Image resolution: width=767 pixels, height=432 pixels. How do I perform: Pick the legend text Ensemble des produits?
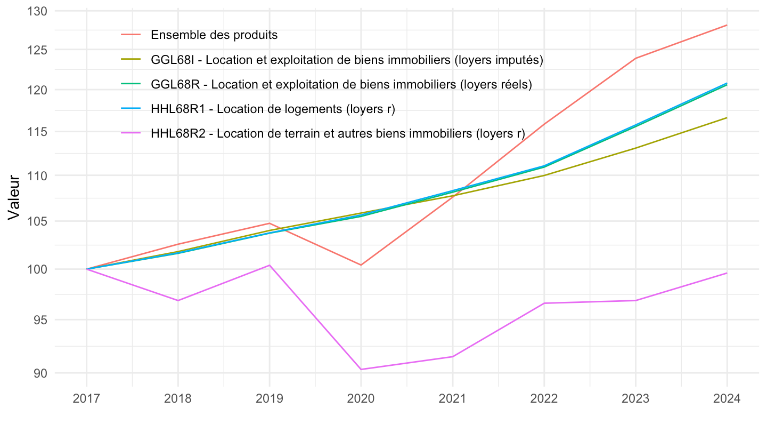coord(214,35)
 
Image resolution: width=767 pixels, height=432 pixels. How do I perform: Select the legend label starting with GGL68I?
coord(347,60)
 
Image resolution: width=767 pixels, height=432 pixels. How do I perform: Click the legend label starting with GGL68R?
coord(341,84)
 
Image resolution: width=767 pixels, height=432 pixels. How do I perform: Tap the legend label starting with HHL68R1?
coord(273,109)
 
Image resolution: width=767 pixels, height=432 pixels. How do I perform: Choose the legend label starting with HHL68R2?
coord(338,133)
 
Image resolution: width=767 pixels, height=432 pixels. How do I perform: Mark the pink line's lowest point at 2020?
coord(361,369)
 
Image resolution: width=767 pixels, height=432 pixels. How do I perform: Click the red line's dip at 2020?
coord(361,265)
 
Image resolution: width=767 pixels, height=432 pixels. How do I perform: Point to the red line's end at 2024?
coord(727,25)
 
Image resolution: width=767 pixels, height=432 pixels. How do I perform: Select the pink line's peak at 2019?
coord(270,265)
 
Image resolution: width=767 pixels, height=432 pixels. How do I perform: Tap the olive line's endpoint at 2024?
coord(727,118)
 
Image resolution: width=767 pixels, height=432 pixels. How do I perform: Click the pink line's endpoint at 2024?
coord(727,273)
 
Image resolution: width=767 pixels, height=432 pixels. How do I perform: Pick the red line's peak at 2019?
coord(270,223)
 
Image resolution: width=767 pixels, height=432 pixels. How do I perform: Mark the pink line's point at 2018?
coord(178,300)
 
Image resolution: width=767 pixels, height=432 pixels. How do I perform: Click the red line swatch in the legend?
coord(131,35)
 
